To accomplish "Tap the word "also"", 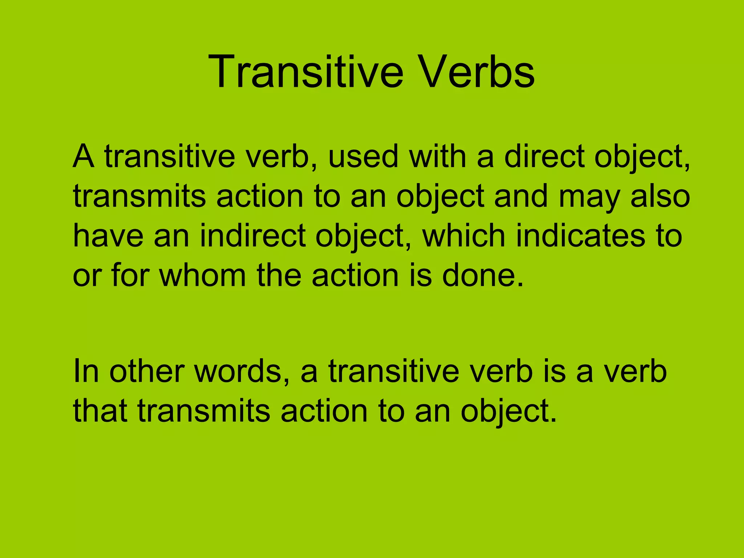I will tap(660, 196).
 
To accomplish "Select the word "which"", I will tap(464, 236).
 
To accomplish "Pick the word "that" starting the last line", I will tap(100, 411).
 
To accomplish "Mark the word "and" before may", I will tap(521, 196).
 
